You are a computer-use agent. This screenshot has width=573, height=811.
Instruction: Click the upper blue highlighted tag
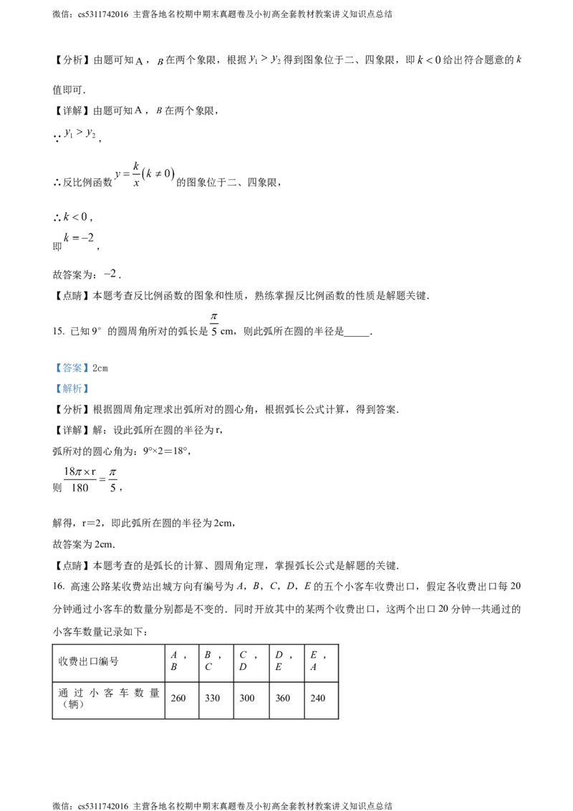point(72,368)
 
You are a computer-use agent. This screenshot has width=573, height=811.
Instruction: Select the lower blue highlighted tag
point(72,390)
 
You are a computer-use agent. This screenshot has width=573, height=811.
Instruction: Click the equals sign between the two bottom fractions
point(102,479)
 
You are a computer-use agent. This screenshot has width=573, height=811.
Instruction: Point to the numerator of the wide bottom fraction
point(80,471)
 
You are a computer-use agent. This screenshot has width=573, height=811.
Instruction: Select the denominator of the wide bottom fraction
point(80,488)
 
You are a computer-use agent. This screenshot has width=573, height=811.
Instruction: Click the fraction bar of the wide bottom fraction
point(80,479)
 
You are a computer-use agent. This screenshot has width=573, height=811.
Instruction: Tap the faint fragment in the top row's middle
point(263,59)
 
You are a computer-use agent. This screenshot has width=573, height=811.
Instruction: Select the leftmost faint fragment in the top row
point(147,65)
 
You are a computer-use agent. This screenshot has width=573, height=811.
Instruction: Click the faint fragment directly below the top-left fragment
point(147,109)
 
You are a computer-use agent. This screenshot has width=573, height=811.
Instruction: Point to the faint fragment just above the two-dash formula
point(80,133)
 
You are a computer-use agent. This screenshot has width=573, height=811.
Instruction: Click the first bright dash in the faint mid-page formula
point(126,174)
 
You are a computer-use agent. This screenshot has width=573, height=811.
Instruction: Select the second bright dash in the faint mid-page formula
point(160,173)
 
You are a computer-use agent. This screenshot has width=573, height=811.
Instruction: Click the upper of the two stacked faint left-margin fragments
point(77,217)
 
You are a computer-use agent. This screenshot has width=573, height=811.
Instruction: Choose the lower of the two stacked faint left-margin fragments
point(80,239)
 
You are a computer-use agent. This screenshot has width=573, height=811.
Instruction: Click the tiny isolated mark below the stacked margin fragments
point(112,271)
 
